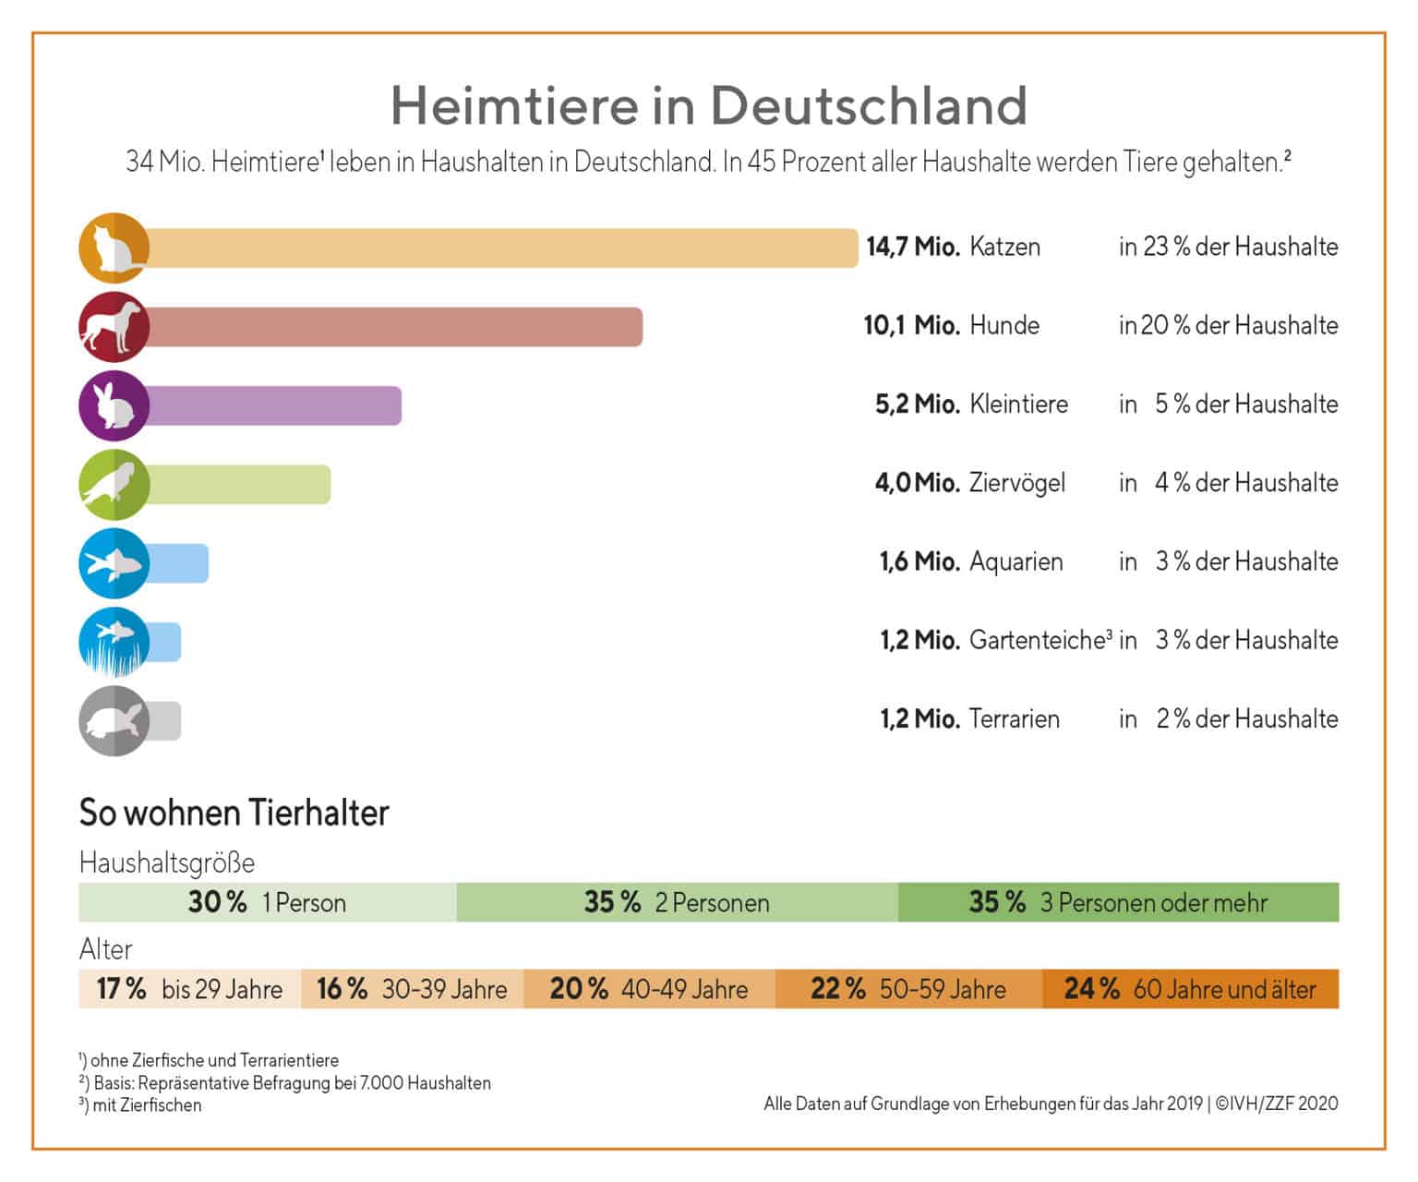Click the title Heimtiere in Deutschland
(x=708, y=105)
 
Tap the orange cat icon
(x=114, y=247)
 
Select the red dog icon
(x=114, y=327)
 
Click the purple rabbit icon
(x=114, y=405)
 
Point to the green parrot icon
(x=114, y=485)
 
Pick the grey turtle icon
(x=114, y=721)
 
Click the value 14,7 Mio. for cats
(x=912, y=247)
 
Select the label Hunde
(x=1003, y=326)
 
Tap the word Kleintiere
(x=1018, y=404)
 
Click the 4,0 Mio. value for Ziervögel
(x=917, y=483)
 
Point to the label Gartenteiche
(x=1037, y=640)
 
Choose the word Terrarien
(x=1014, y=719)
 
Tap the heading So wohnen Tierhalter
(x=234, y=813)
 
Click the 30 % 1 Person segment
(x=267, y=902)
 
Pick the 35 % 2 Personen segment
(x=677, y=902)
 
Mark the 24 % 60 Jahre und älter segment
(x=1190, y=989)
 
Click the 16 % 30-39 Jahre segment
(x=412, y=989)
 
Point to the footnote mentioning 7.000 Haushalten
(x=285, y=1082)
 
